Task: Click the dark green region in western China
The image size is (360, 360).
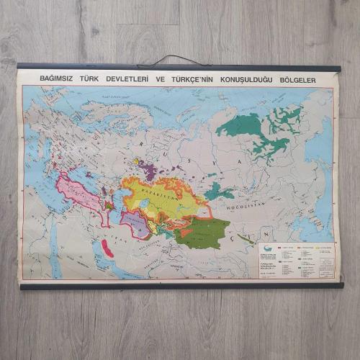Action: pos(201,233)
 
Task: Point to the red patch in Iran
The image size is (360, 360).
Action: pos(109,248)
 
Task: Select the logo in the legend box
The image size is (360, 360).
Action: pos(269,249)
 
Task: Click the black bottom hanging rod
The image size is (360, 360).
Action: pos(180,286)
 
